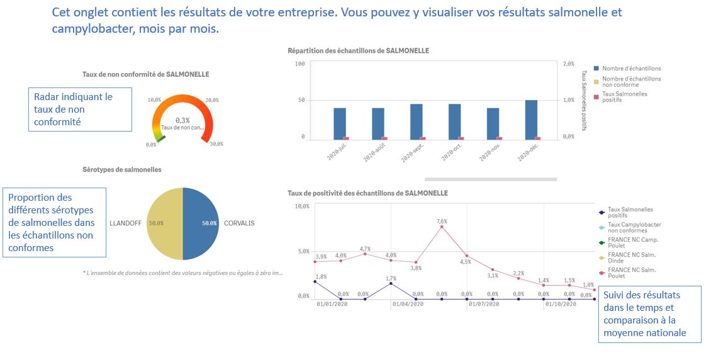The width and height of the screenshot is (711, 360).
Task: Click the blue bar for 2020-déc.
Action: tap(531, 118)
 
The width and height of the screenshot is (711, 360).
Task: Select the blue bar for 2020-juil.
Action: tap(340, 123)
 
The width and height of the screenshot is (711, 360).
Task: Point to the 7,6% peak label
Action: tap(442, 221)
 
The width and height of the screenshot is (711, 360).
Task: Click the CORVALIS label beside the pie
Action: tap(239, 223)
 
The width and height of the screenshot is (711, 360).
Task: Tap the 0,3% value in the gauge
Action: tap(182, 120)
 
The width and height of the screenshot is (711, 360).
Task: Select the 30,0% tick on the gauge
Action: tap(216, 144)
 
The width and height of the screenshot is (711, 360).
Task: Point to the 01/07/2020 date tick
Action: tap(483, 304)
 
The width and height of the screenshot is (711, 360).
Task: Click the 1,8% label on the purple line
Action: tap(320, 276)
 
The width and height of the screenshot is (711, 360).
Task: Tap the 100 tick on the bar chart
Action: tap(300, 64)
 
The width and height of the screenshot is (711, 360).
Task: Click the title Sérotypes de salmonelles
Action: tap(122, 170)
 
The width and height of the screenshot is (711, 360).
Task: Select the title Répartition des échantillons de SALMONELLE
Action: tap(358, 50)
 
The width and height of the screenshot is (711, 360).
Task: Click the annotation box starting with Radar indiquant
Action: tap(80, 109)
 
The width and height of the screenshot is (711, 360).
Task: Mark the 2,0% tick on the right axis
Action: tap(568, 64)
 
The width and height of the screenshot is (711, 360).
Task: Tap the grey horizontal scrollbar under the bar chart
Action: tap(490, 179)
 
